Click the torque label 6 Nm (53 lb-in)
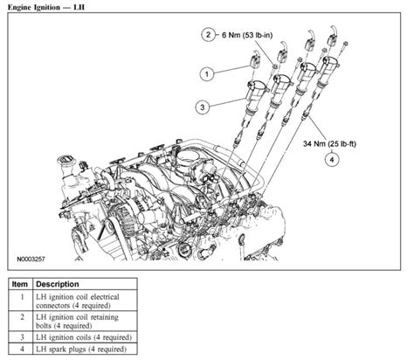point(251,35)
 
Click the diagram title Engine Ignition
point(52,7)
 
